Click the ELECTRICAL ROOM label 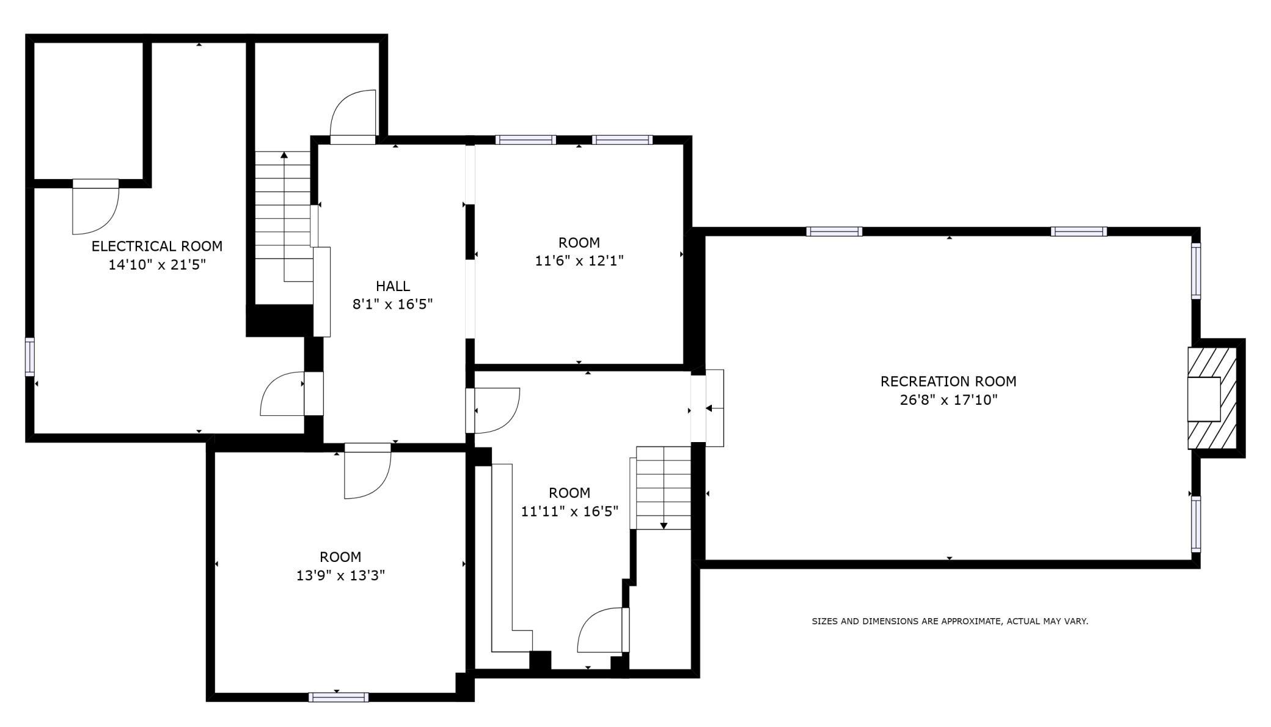157,246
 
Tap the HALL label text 393,286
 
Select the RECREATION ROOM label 948,381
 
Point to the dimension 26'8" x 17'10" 948,400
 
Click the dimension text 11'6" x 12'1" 579,261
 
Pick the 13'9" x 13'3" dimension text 340,575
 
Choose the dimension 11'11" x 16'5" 570,511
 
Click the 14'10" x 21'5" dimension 157,265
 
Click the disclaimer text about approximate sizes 950,621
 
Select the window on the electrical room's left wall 29,356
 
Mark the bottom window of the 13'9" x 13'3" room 339,697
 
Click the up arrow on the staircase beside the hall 284,155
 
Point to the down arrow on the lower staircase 664,525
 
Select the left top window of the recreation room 834,232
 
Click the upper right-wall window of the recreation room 1196,271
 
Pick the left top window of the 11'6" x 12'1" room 526,140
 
